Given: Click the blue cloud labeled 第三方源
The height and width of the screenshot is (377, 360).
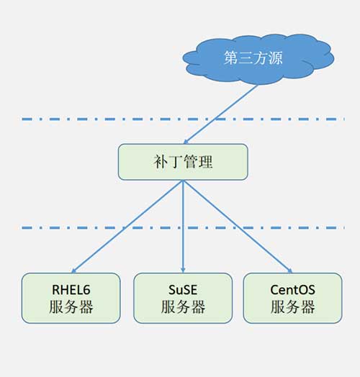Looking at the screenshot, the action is pos(258,59).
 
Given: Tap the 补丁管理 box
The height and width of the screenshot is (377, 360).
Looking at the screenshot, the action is pos(183,162).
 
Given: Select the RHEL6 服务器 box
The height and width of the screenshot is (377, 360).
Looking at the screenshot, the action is pos(71,298).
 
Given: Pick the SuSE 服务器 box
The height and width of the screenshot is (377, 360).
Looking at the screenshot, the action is pos(183,298).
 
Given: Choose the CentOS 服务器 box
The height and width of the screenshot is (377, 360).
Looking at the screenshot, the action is pos(292,298).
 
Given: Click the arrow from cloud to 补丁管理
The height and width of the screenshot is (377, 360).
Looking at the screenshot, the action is pos(221,114).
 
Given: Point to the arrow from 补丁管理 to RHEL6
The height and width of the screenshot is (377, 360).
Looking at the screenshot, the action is pos(127,227).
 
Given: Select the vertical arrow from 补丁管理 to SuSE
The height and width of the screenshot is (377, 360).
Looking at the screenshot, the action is pos(183,227).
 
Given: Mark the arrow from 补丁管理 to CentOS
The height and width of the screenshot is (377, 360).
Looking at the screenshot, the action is pos(238,227).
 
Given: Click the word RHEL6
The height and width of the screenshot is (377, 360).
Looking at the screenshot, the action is pos(71,290).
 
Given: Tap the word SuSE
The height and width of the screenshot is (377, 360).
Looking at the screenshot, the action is pos(183,290).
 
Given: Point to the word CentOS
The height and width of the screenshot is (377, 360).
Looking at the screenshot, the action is pos(292,290).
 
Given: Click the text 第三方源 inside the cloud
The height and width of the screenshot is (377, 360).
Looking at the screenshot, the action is pos(253,58).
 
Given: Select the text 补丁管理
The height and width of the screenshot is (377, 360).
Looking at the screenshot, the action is pos(183,162).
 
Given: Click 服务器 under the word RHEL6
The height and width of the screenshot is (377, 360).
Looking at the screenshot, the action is pos(71,306).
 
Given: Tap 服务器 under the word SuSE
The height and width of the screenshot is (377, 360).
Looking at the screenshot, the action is pos(183,306).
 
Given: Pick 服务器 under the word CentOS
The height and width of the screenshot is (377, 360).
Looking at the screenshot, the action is pos(292,306).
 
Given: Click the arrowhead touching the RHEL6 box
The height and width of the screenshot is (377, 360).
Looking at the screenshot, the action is pos(73,271).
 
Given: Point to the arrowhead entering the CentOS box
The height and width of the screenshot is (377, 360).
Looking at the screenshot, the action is pos(290,271).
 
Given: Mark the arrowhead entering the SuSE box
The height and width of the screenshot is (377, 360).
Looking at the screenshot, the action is pos(183,271).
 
